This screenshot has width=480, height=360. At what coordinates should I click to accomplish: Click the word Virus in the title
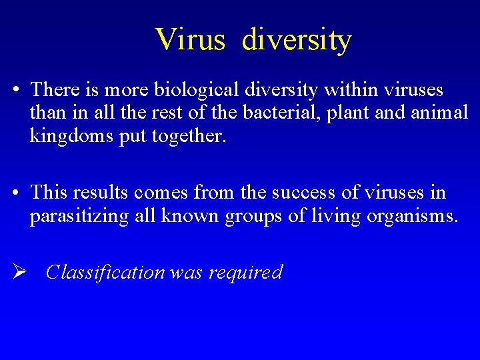191,39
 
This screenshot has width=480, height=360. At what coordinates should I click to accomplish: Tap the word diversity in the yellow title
296,39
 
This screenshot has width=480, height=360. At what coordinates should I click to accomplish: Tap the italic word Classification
105,272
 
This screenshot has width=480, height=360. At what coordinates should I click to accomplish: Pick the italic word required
246,272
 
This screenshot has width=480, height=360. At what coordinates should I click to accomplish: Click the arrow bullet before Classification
18,271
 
